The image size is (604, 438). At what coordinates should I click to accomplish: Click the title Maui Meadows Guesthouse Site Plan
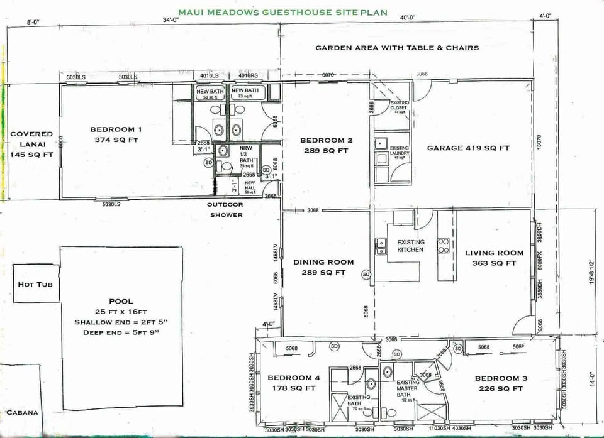(282, 12)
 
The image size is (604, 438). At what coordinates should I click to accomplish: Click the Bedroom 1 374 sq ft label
(116, 134)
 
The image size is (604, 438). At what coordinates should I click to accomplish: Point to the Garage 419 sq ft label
(468, 148)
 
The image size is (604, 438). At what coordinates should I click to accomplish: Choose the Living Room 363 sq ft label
(494, 258)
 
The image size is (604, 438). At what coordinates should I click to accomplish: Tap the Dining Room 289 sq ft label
(323, 267)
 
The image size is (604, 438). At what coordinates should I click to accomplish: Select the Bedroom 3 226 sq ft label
(499, 383)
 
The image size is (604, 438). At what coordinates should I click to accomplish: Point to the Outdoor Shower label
(226, 210)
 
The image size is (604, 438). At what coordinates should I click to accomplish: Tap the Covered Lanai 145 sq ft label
(31, 144)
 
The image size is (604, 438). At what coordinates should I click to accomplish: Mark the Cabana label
(22, 413)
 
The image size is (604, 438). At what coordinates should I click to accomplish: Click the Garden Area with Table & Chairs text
(397, 48)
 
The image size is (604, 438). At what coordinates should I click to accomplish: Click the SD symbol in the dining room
(366, 274)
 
